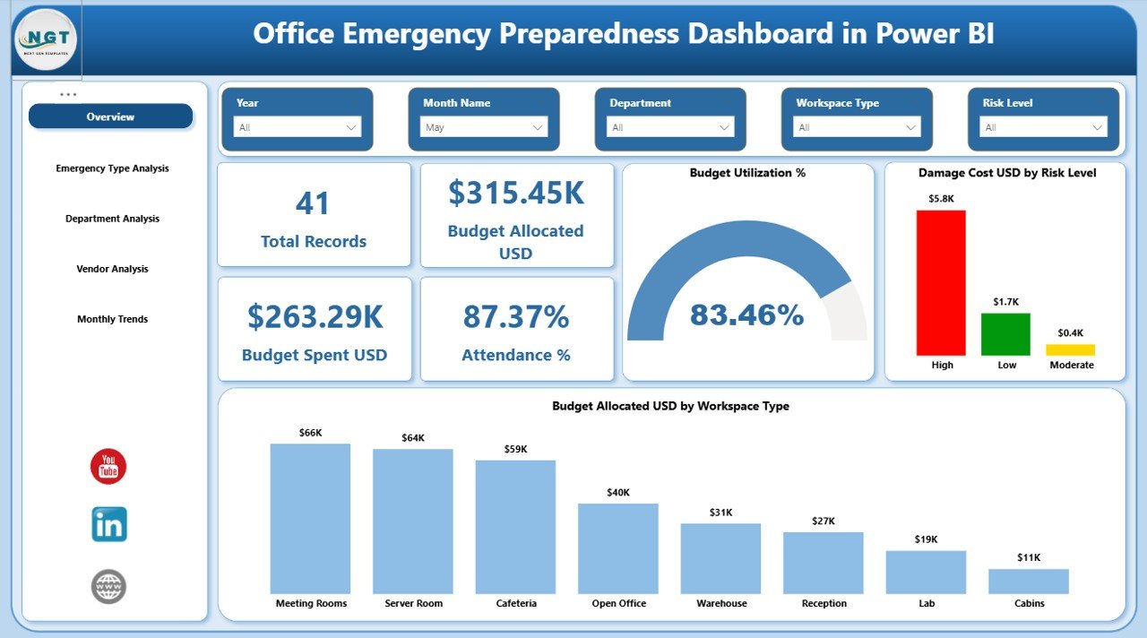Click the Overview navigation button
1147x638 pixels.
pyautogui.click(x=110, y=116)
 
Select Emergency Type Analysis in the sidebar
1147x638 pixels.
pyautogui.click(x=112, y=168)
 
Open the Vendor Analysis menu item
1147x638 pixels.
pyautogui.click(x=112, y=269)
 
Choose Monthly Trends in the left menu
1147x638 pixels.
pyautogui.click(x=112, y=319)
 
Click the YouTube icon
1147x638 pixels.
pyautogui.click(x=108, y=467)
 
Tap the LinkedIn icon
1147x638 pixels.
pyautogui.click(x=108, y=525)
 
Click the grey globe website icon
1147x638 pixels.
pyautogui.click(x=108, y=587)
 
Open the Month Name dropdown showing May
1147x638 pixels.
pyautogui.click(x=484, y=127)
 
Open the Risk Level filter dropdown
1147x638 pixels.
pyautogui.click(x=1043, y=127)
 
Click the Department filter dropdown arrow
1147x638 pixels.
pyautogui.click(x=724, y=127)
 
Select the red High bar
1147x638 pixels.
pyautogui.click(x=941, y=282)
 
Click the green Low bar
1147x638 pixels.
pyautogui.click(x=1005, y=334)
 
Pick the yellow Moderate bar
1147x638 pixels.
pyautogui.click(x=1070, y=349)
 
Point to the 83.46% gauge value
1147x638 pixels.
pyautogui.click(x=746, y=315)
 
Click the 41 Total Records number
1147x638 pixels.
pyautogui.click(x=313, y=203)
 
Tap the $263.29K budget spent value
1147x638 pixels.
pyautogui.click(x=315, y=317)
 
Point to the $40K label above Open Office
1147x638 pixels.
pyautogui.click(x=618, y=492)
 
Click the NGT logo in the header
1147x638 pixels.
pyautogui.click(x=46, y=39)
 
